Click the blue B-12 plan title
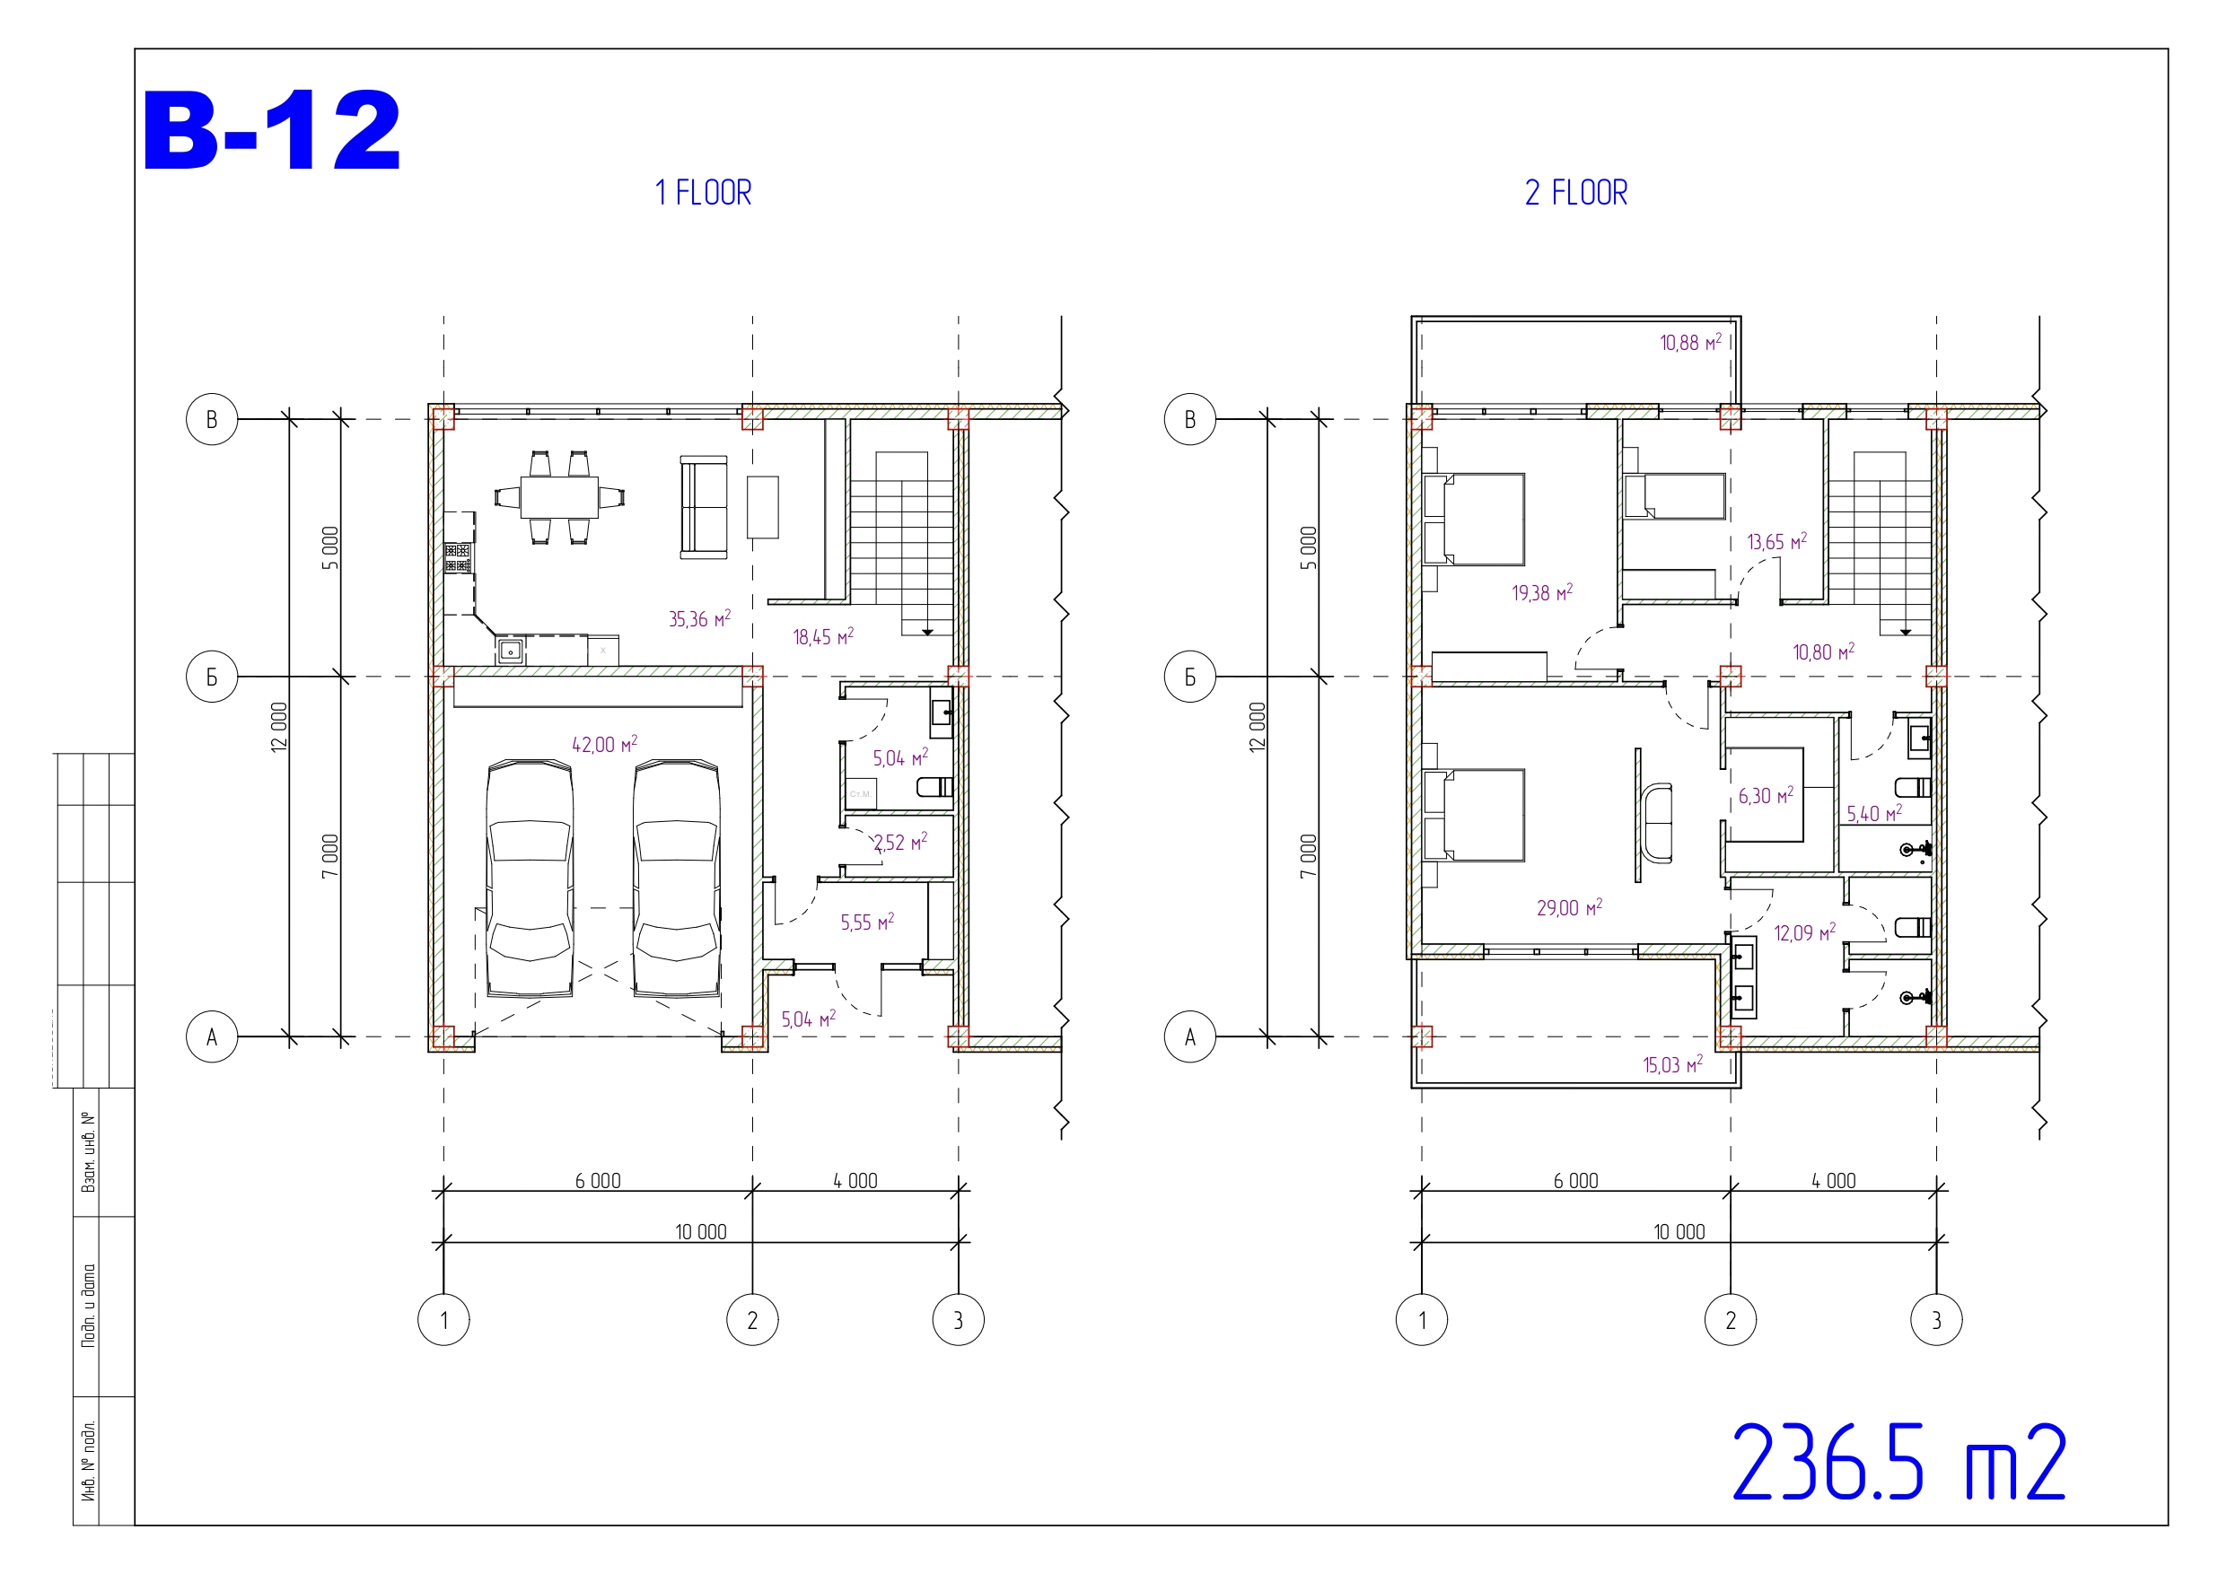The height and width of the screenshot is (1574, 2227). click(x=272, y=131)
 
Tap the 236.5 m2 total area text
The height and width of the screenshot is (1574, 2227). click(x=1898, y=1464)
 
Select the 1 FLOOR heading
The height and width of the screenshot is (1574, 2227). click(x=703, y=193)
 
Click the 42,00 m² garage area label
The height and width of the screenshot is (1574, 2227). click(x=604, y=745)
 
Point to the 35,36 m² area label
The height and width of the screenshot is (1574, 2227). click(x=699, y=618)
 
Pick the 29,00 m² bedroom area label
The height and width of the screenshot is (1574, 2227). click(x=1569, y=908)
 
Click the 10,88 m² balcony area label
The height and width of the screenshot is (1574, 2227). click(x=1690, y=342)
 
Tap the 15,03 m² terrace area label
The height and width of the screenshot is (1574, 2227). click(x=1673, y=1065)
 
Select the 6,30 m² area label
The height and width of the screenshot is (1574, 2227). click(x=1766, y=796)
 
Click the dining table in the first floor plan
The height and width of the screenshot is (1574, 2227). click(x=559, y=498)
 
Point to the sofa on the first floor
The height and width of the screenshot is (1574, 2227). click(x=703, y=507)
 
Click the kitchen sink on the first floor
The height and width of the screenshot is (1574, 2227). click(x=510, y=650)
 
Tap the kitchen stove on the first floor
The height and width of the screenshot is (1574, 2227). click(x=458, y=558)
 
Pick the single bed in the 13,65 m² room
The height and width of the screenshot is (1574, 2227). click(x=1675, y=496)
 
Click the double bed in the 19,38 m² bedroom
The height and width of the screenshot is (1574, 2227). click(x=1474, y=519)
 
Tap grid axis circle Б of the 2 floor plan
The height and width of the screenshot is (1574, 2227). click(x=1190, y=677)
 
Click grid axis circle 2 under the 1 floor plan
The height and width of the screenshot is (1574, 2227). click(x=753, y=1320)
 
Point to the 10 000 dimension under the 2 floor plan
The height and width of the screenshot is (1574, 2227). click(x=1679, y=1233)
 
